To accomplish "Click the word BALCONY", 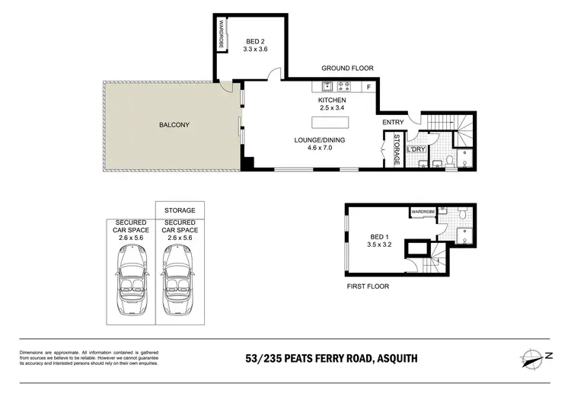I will [x=174, y=125].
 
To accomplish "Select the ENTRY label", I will [x=393, y=122].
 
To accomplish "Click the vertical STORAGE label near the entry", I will [x=397, y=149].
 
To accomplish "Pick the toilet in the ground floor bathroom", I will [x=449, y=161].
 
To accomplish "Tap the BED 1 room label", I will [x=378, y=241].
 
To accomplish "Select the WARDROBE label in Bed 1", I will [x=423, y=211].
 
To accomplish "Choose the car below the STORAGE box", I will [x=180, y=286].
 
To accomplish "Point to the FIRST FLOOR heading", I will [x=368, y=287].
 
